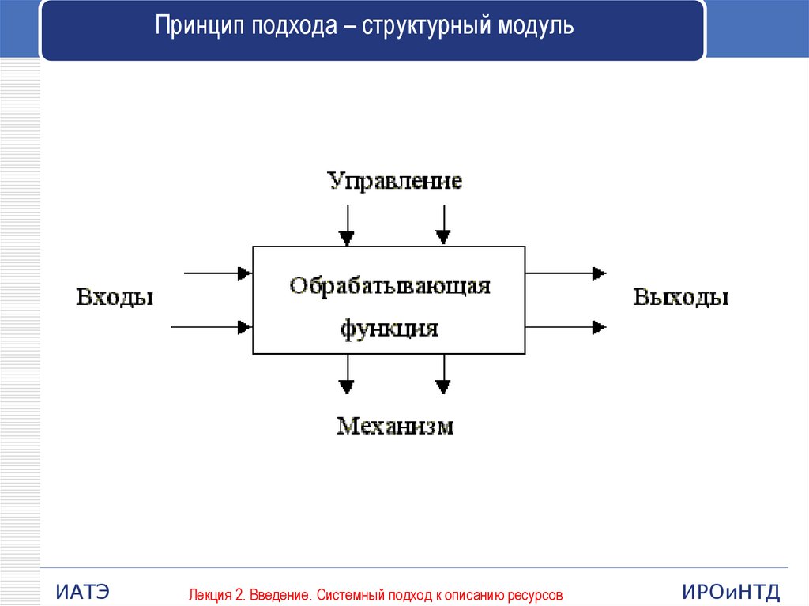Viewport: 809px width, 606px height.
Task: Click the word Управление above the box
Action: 395,181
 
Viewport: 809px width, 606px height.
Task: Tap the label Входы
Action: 114,298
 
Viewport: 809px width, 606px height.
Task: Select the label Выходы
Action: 681,298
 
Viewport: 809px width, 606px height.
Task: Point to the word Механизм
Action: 395,427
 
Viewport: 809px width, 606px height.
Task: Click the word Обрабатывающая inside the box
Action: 389,285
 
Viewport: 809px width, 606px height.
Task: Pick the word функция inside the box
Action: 389,327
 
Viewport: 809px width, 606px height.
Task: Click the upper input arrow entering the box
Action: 217,273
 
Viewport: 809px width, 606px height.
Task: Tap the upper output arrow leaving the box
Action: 566,273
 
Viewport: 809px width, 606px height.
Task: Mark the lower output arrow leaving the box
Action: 566,326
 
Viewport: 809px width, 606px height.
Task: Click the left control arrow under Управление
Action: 346,224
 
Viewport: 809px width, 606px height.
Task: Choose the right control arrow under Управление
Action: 443,224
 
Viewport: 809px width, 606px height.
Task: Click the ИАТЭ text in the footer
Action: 82,591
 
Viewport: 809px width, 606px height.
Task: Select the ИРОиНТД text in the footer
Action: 730,591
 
